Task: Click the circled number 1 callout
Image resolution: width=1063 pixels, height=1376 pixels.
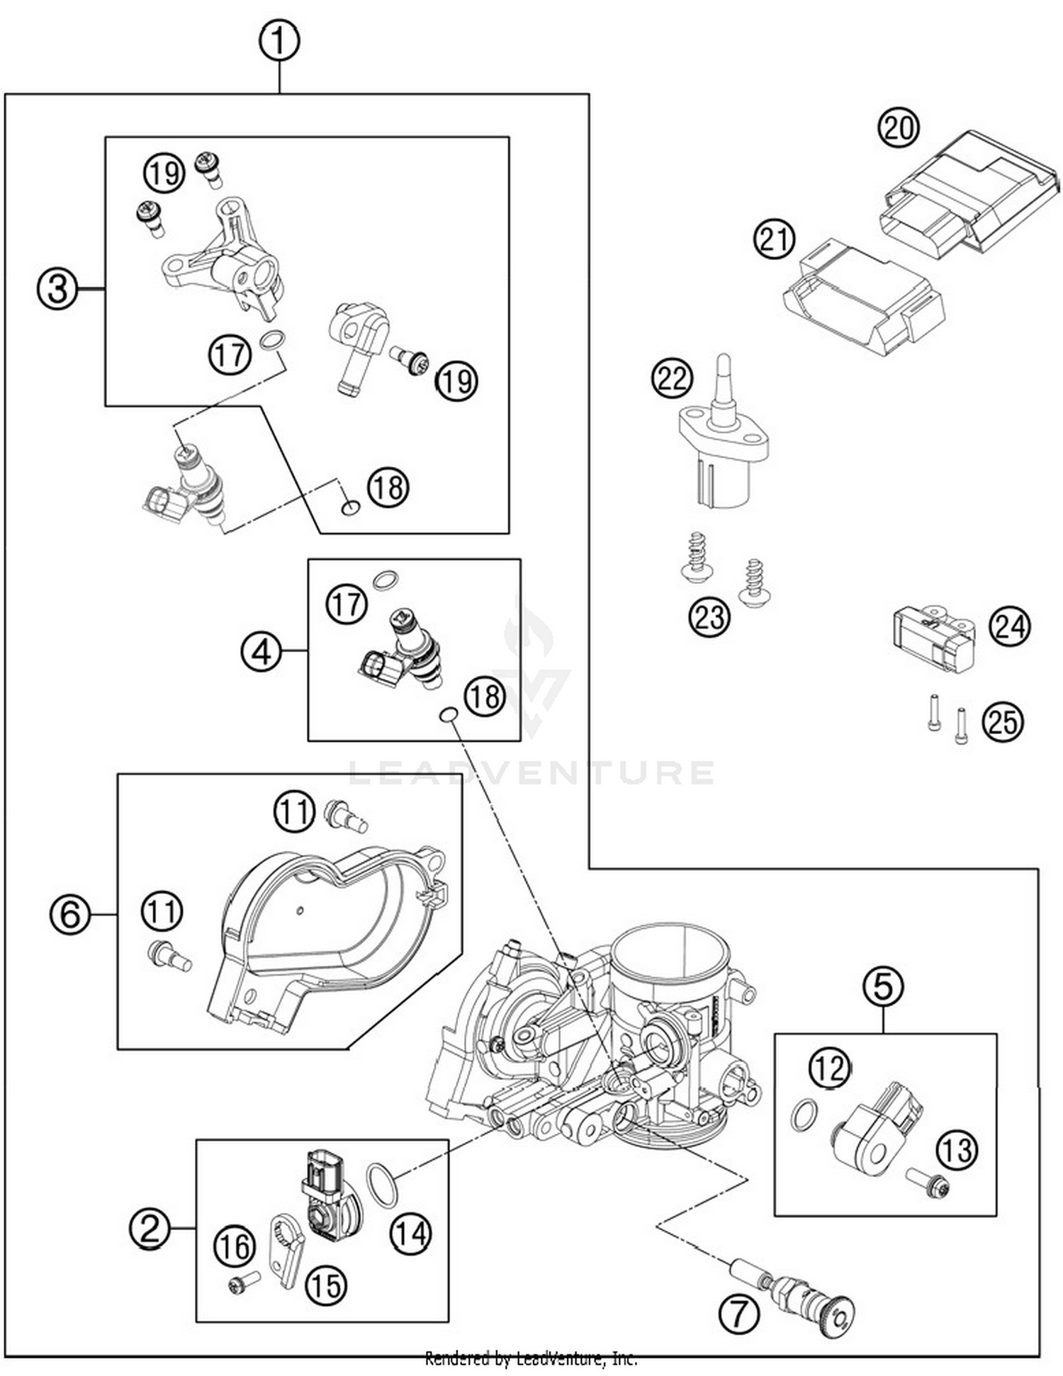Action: tap(279, 41)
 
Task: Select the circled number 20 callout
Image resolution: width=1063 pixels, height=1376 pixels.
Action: tap(898, 129)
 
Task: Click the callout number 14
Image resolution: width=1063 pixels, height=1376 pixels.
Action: tap(410, 1234)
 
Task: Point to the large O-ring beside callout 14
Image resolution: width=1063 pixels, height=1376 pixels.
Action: tap(382, 1185)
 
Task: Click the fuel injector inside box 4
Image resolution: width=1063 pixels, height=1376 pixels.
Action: tap(404, 648)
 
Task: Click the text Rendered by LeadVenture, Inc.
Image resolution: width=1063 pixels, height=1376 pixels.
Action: tap(531, 1358)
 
